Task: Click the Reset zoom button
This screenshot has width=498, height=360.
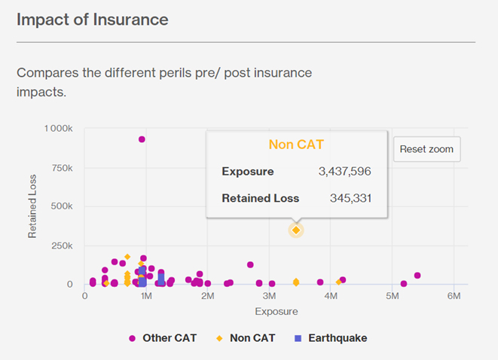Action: click(426, 149)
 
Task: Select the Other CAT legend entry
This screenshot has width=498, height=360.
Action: click(163, 338)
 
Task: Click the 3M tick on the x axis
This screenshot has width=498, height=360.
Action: click(269, 297)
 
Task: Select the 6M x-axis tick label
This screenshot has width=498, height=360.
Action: click(453, 297)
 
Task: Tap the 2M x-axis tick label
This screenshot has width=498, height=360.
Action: click(207, 297)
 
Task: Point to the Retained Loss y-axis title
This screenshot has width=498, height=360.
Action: click(32, 206)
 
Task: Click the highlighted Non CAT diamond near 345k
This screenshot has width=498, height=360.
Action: click(296, 230)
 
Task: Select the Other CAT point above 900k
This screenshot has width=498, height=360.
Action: click(142, 139)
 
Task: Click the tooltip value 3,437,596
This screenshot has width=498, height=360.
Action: click(344, 172)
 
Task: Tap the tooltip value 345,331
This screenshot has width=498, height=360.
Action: click(350, 198)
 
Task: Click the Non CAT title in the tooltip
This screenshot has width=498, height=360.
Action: click(296, 145)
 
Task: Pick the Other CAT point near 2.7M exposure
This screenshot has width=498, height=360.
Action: click(250, 265)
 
